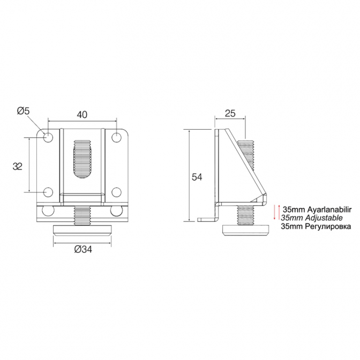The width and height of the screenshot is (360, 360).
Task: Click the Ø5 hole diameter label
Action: [23, 111]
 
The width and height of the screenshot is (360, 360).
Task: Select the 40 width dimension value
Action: [82, 115]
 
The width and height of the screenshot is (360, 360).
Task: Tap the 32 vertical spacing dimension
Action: [18, 166]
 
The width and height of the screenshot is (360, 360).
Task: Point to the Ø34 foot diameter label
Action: [83, 249]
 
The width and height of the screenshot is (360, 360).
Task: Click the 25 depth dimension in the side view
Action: [230, 114]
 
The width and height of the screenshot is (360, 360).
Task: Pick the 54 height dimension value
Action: [197, 177]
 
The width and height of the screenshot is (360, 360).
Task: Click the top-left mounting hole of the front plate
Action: [48, 137]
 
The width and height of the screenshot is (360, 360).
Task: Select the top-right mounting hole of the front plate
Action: [116, 137]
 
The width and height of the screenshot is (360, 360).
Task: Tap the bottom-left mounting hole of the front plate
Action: [48, 192]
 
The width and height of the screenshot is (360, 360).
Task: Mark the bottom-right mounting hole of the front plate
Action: [116, 192]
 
